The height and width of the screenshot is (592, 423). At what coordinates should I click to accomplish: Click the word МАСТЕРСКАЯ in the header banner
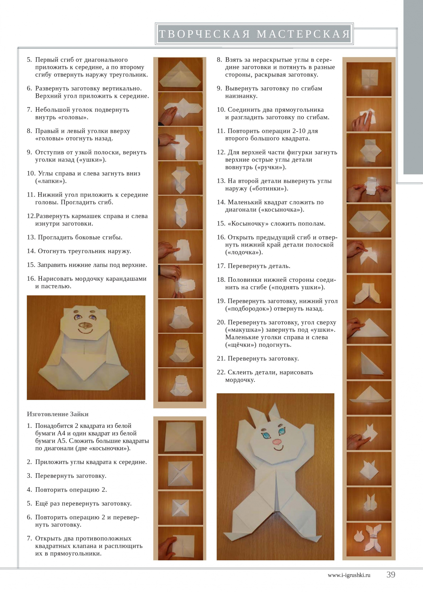coord(303,34)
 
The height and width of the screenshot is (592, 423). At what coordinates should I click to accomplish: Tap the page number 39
coord(391,574)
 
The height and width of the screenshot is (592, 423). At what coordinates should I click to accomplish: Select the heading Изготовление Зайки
coord(58,414)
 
